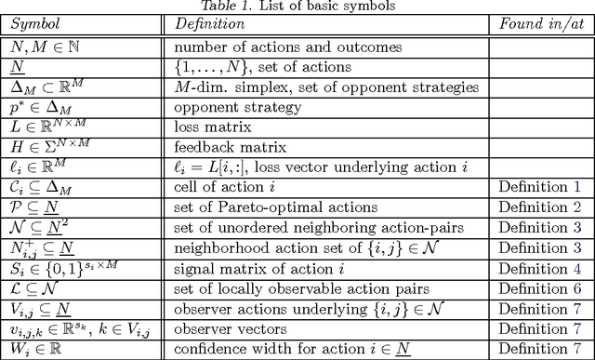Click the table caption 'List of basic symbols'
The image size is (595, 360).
click(x=319, y=7)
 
